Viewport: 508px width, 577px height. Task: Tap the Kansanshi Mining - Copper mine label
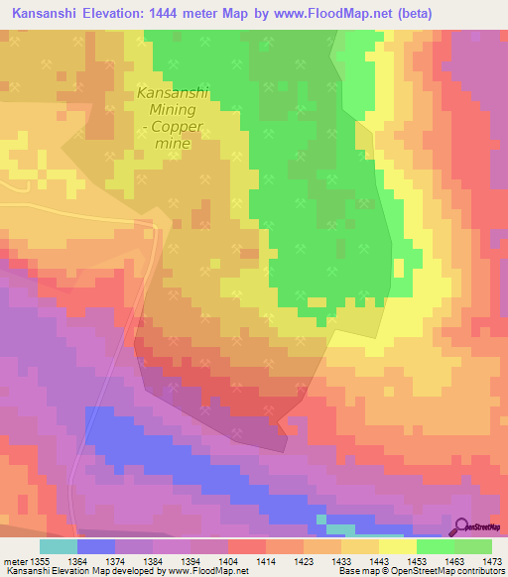(173, 118)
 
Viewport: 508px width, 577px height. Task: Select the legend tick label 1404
(228, 562)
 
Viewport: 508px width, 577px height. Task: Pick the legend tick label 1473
(491, 562)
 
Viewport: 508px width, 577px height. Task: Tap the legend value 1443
(378, 562)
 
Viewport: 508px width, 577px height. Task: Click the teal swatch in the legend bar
(58, 546)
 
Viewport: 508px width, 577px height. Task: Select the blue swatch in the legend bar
(95, 546)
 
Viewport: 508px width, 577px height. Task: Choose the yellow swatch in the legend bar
(397, 546)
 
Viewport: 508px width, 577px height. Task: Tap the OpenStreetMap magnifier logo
(462, 526)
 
